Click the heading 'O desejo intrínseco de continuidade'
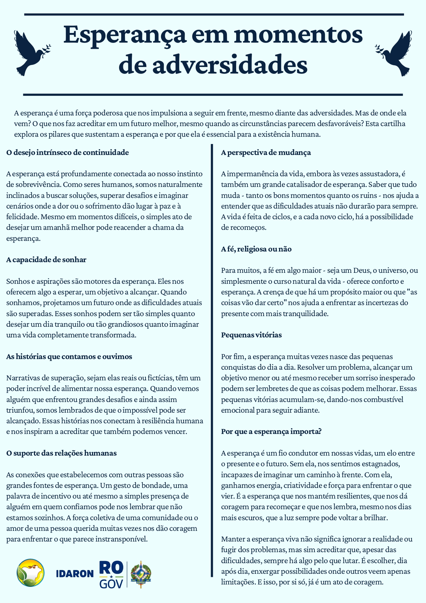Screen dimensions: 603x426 pos(68,153)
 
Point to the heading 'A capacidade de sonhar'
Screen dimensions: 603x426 pos(46,260)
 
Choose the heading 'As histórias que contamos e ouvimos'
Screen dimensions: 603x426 pos(69,357)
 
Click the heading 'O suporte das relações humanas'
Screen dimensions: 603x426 pos(61,453)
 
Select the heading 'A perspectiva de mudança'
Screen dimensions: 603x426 pos(266,153)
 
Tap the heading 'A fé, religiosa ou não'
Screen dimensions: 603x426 pos(256,249)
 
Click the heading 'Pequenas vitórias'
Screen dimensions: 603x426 pos(251,335)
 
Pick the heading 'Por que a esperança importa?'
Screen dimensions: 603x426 pos(271,432)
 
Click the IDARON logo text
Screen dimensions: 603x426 pos(75,573)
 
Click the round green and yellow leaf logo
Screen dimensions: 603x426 pos(31,573)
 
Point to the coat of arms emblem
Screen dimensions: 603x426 pos(141,574)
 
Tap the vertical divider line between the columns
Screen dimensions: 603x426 pos(212,361)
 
